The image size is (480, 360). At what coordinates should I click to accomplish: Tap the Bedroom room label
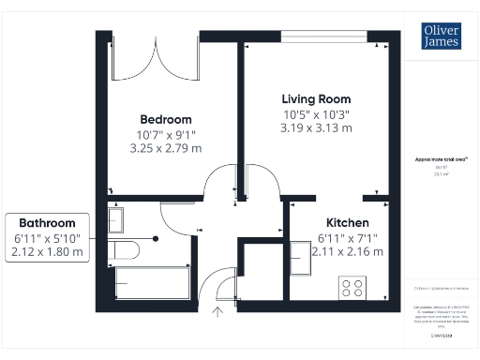point(166,119)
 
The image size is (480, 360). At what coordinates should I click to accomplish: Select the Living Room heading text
point(317,98)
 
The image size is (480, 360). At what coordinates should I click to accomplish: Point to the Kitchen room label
point(347,222)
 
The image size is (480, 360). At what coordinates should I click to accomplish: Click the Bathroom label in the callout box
point(47,223)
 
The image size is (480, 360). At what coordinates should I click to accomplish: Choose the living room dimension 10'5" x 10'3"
point(317,113)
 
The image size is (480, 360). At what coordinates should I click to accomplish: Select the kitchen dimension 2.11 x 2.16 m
point(347,251)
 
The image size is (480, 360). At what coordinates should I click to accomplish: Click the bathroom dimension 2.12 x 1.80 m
point(47,251)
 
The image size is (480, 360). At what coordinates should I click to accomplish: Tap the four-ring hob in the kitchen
point(353,288)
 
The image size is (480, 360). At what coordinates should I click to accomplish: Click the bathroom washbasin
point(115,219)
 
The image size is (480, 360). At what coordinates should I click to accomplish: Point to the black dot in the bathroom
point(156,238)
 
